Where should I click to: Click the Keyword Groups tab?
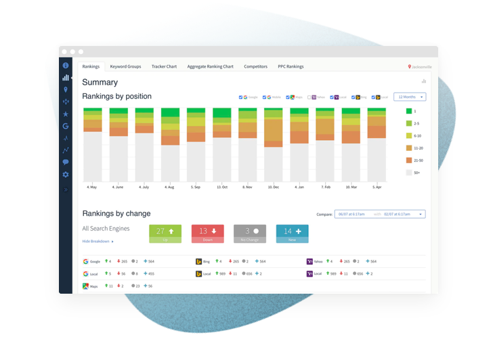[125, 66]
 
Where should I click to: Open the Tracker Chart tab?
[164, 66]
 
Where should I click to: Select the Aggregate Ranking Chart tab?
[210, 66]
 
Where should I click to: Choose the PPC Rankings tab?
[291, 66]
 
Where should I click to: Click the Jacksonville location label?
[421, 67]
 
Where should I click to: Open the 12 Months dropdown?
[409, 97]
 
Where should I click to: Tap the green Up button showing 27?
[165, 233]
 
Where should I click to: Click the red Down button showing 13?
[208, 233]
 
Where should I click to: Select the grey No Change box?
[250, 233]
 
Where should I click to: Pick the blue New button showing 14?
[293, 233]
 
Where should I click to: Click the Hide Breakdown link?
[98, 241]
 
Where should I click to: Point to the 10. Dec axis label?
[274, 186]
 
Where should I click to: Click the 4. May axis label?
[93, 186]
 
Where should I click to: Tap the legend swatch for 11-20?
[409, 148]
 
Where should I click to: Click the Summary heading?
[100, 83]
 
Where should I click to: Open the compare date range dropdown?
[380, 214]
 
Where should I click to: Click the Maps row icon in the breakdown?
[86, 286]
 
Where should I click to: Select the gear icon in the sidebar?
[66, 175]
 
